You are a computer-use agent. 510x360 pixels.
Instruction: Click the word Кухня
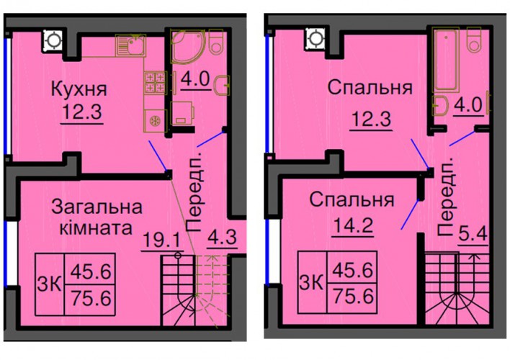tap(79, 89)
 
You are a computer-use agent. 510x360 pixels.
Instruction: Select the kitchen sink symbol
tap(131, 45)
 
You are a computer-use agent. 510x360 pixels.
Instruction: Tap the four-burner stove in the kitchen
tap(155, 82)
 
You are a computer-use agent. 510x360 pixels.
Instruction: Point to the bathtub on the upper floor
tap(446, 59)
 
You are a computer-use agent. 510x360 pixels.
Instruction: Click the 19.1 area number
tap(161, 241)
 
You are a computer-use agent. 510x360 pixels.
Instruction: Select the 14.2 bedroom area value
tap(352, 225)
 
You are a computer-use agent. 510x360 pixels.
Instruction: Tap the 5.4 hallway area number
tap(473, 233)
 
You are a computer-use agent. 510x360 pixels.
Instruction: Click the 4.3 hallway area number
tap(222, 237)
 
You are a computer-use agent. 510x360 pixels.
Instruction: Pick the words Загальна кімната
tap(97, 217)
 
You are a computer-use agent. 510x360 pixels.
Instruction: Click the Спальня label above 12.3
tap(370, 88)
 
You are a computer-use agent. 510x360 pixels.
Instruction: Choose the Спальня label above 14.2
tap(352, 199)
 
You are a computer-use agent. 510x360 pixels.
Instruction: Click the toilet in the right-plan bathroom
tap(475, 39)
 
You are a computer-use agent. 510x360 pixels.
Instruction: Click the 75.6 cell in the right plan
tap(352, 297)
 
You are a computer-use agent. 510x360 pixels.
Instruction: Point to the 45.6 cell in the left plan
tap(91, 271)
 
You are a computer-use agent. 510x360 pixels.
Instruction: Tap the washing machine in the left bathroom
tap(182, 113)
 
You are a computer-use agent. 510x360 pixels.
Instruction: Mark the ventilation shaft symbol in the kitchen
tap(53, 41)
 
